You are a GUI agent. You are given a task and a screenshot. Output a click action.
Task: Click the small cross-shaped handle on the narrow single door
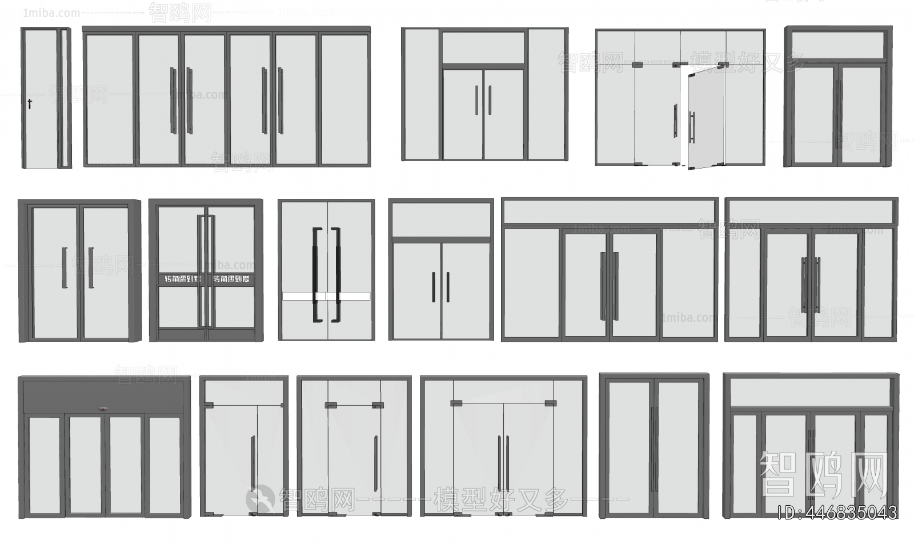[30, 104]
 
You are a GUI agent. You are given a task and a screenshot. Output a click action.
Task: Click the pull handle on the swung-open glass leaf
[692, 127]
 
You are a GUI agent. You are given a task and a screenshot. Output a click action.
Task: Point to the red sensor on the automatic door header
[103, 409]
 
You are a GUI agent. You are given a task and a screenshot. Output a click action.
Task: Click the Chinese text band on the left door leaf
[179, 279]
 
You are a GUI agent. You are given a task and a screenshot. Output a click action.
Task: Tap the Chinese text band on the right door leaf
[231, 279]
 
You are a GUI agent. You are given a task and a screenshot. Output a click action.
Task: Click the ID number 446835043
[837, 513]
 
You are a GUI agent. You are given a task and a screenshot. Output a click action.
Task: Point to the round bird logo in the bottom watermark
[260, 498]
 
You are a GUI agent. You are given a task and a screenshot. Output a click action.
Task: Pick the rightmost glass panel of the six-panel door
[344, 100]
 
